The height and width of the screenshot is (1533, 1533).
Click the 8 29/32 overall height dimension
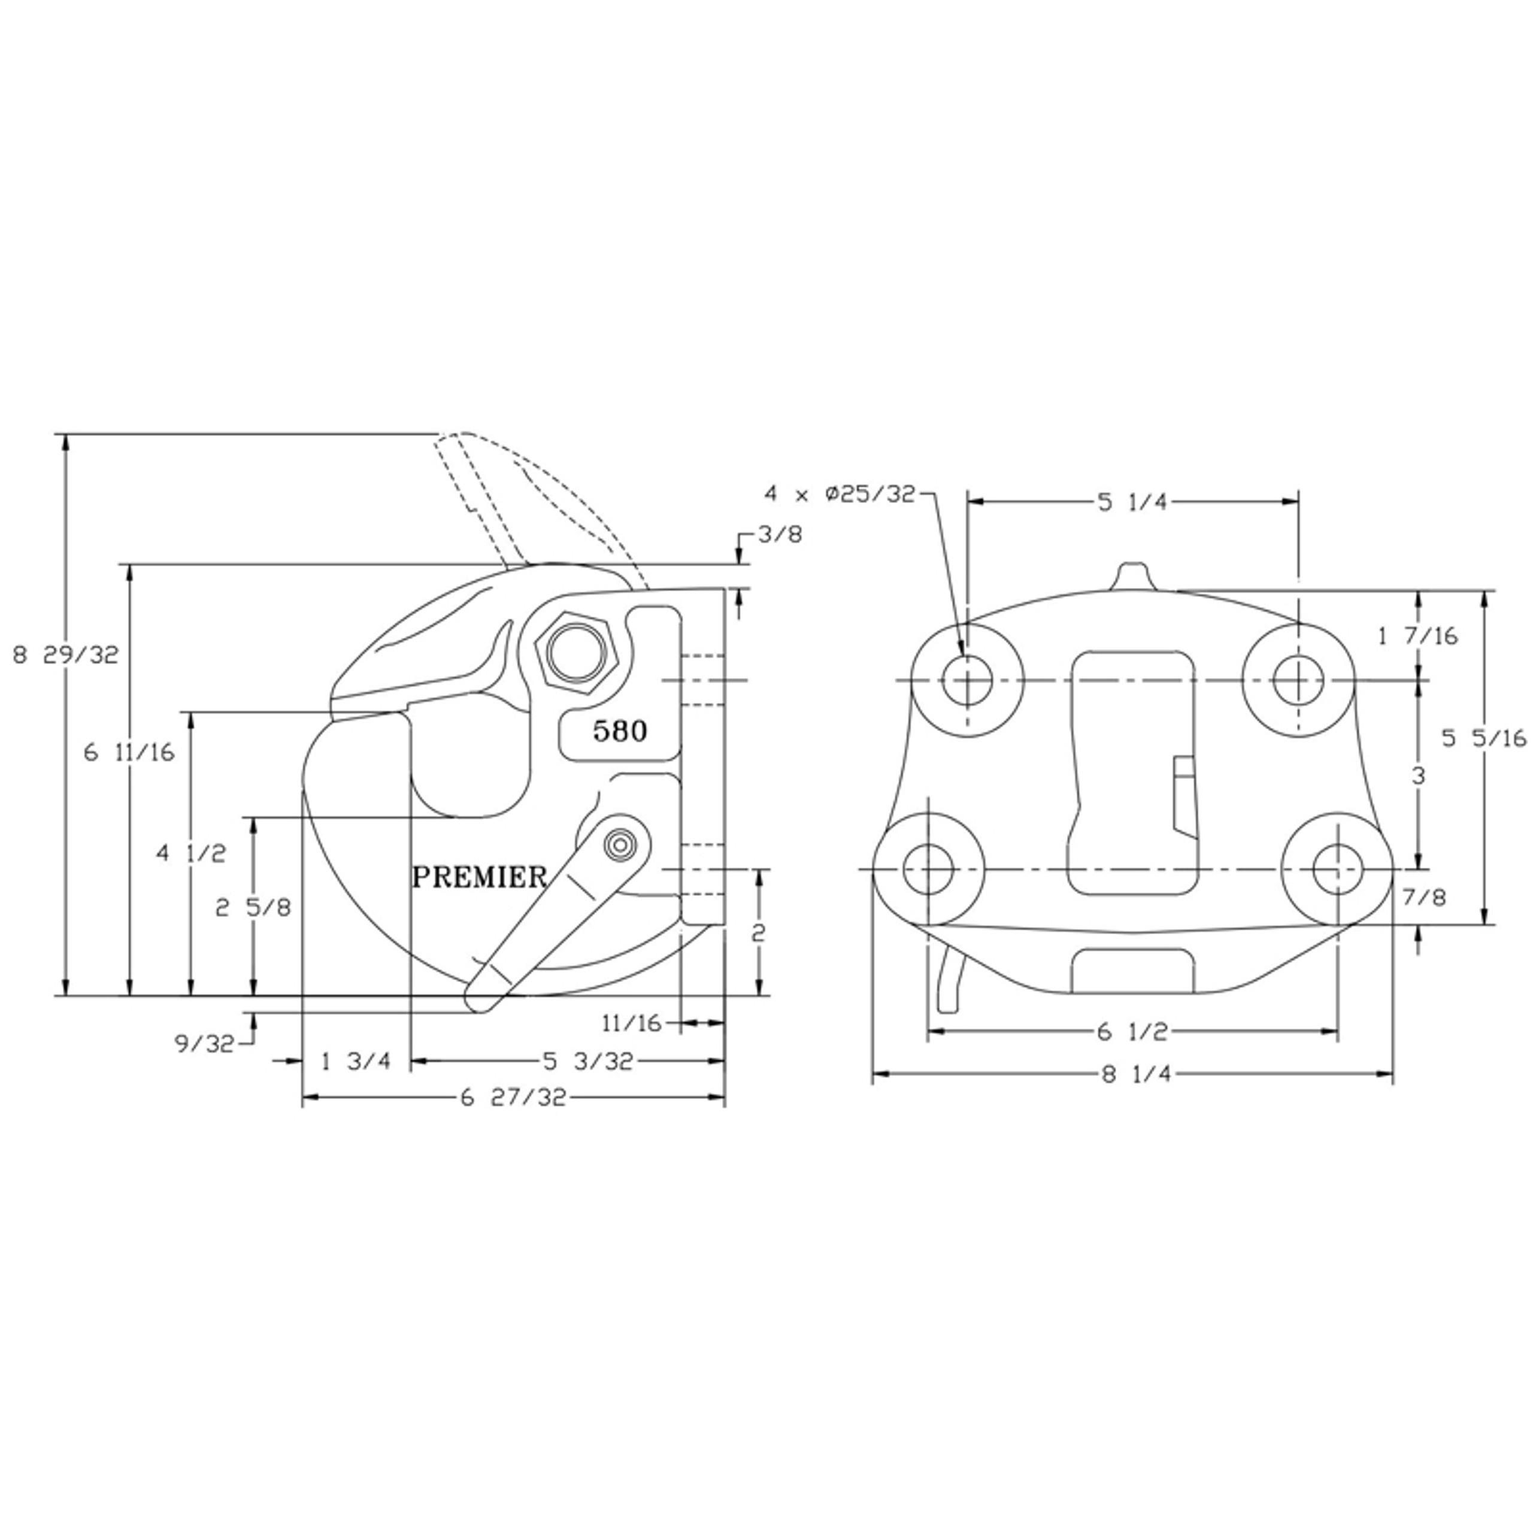pos(66,655)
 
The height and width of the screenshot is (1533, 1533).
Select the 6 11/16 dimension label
pos(129,752)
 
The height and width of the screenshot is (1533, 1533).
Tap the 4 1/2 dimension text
pos(191,854)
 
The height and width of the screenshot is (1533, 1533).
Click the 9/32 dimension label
pos(205,1043)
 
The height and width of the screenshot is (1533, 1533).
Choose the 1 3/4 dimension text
pos(356,1061)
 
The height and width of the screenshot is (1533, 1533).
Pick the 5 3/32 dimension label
pos(588,1061)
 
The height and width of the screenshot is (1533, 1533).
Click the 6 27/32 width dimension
pos(513,1098)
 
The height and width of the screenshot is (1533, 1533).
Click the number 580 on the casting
pos(620,731)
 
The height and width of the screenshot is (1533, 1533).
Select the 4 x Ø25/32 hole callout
pos(840,495)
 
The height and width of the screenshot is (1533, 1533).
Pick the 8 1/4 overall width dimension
pos(1135,1074)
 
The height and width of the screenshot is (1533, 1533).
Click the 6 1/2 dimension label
pos(1132,1032)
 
